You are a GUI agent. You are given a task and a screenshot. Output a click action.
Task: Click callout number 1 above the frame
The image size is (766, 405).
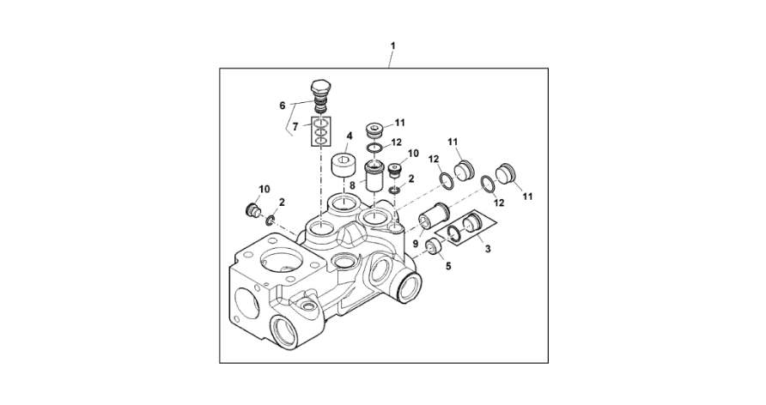tap(392, 45)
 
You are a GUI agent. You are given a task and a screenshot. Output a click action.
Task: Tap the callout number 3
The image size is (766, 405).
tap(488, 249)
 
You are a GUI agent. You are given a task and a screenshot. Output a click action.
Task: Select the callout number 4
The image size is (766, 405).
tap(350, 135)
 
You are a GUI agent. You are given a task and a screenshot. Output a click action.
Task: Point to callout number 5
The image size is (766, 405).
tap(448, 266)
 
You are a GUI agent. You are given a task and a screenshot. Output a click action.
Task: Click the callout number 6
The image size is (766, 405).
tap(283, 105)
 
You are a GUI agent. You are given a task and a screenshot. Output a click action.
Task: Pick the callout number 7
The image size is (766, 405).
tap(295, 128)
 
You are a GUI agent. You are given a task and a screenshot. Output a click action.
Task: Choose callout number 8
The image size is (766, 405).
tap(352, 185)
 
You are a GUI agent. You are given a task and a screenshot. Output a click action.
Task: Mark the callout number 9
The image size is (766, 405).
tap(416, 243)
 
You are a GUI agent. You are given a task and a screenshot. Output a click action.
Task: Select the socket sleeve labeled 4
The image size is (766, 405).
tap(343, 165)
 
